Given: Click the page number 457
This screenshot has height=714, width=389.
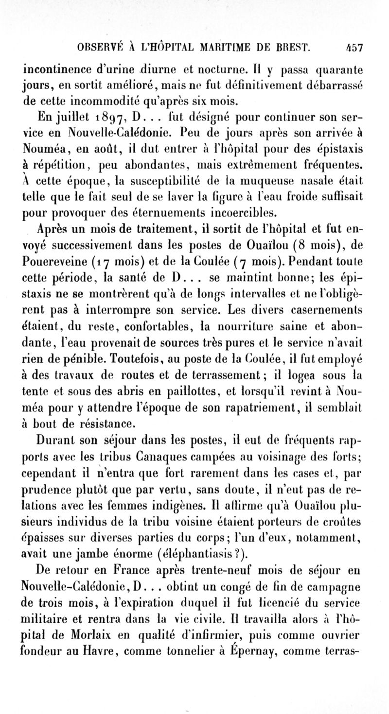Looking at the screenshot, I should point(355,49).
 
